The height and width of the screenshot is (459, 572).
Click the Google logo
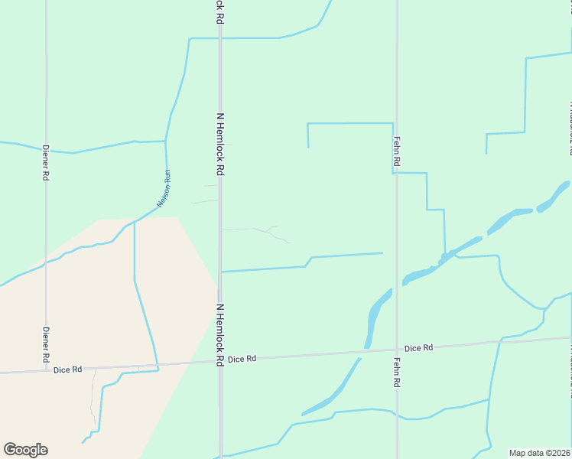25,450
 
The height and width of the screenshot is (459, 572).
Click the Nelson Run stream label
163,188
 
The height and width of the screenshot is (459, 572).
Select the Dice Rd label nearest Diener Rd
68,370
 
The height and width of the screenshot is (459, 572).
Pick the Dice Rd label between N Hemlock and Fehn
241,359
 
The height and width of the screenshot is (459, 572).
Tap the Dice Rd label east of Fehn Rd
418,347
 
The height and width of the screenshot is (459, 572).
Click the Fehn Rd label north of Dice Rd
397,152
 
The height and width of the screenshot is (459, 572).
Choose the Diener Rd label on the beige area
46,345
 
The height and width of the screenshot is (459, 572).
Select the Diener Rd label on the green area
46,162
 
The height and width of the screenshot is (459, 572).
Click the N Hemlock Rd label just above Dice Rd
219,334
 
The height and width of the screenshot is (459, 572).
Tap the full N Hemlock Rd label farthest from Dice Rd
219,145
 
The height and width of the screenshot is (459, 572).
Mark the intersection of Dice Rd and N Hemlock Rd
220,360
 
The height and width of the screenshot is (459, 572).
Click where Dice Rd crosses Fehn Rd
397,350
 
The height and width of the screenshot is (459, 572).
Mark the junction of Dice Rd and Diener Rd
46,372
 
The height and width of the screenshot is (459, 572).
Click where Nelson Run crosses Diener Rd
46,261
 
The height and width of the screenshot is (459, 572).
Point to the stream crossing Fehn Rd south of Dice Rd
397,415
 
